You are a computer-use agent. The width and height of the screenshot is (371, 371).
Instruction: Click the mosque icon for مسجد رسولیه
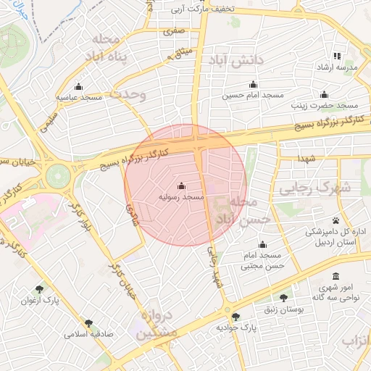click(x=181, y=185)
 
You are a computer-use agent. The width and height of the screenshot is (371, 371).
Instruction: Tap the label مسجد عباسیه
click(x=80, y=97)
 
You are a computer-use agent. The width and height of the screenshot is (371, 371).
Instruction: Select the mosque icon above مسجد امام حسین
click(x=252, y=84)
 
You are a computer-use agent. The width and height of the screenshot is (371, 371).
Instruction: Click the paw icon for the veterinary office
click(x=335, y=220)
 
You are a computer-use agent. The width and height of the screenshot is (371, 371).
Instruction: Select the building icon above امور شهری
click(x=335, y=276)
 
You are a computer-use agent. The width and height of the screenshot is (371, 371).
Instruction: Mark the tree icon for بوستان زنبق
click(x=283, y=297)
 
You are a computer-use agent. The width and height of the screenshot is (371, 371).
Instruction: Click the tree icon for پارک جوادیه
click(x=235, y=317)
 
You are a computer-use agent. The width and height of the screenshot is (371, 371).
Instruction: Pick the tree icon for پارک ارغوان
click(x=39, y=289)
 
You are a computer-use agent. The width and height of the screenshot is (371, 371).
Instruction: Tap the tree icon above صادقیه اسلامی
click(x=88, y=324)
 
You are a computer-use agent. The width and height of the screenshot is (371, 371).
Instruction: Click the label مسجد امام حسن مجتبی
click(x=262, y=261)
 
